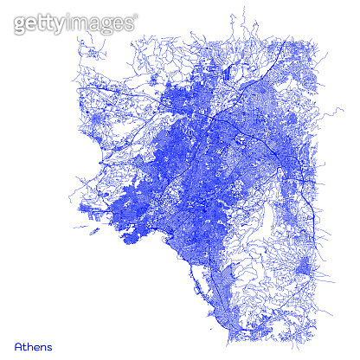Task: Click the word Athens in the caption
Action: (33, 347)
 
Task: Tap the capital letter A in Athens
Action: (19, 347)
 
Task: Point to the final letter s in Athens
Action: (49, 348)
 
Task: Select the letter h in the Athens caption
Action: (31, 347)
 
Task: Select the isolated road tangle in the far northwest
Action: (88, 52)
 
